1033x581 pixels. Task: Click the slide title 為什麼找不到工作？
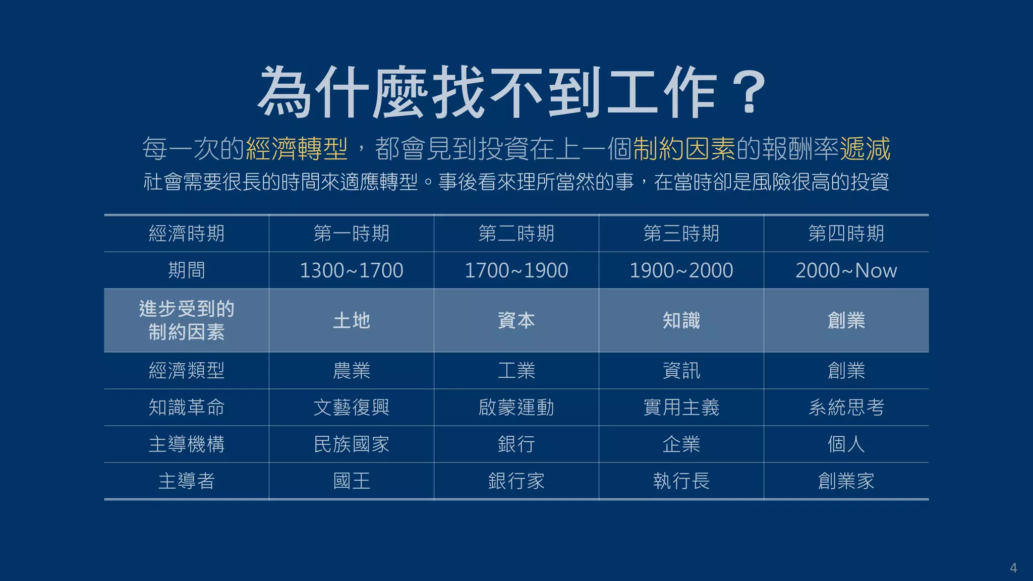[x=511, y=93]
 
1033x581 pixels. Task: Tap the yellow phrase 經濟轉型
[x=297, y=149]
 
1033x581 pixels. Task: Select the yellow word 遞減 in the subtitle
[x=865, y=149]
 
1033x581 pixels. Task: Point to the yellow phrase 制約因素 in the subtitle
[x=684, y=149]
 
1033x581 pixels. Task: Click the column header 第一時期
[x=351, y=234]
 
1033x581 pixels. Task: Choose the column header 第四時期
[x=846, y=234]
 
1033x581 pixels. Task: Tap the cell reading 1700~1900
[x=516, y=270]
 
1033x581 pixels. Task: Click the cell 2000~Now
[x=846, y=270]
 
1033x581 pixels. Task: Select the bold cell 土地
[x=351, y=320]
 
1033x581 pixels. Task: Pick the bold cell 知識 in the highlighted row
[x=681, y=320]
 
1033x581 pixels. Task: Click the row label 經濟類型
[x=186, y=371]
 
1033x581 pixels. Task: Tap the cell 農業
[x=351, y=371]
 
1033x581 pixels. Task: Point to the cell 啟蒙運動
[x=516, y=408]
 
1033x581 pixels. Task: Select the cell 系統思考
[x=846, y=408]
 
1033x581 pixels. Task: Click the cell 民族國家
[x=351, y=444]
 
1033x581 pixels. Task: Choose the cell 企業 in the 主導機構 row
[x=681, y=444]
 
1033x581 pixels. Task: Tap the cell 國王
[x=351, y=481]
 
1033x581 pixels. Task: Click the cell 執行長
[x=681, y=481]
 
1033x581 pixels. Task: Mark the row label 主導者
[x=186, y=481]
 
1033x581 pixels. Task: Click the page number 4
[x=1013, y=568]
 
